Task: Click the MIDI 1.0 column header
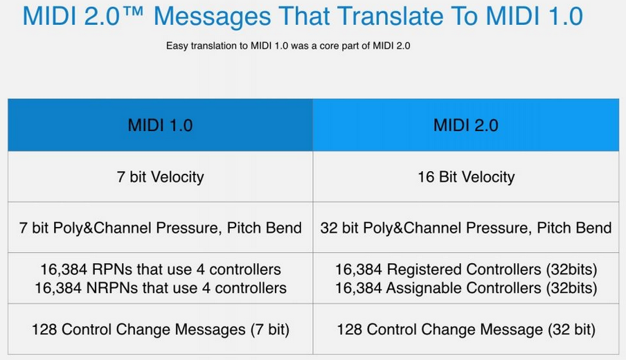pos(160,125)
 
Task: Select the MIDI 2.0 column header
pos(465,125)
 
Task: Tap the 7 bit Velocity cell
pos(160,177)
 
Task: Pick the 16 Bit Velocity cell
pos(465,177)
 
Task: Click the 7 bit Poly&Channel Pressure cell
pos(160,227)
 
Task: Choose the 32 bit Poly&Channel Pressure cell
pos(465,227)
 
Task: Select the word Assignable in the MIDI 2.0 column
pos(425,287)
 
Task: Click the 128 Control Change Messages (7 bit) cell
pos(160,329)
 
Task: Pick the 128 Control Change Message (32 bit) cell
pos(465,329)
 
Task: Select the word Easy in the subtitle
pos(177,46)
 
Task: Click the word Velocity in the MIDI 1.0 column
pos(177,177)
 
